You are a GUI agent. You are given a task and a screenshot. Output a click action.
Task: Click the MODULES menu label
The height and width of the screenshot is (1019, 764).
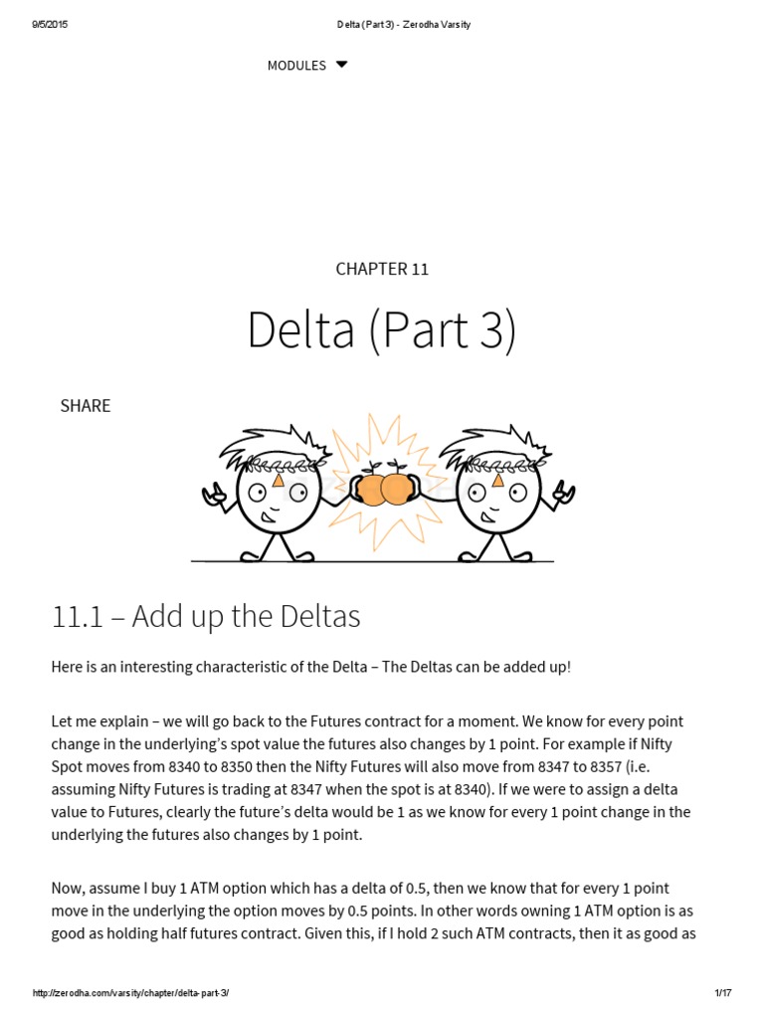[x=296, y=66]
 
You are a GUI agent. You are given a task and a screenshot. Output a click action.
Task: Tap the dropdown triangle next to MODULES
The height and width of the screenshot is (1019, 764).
[x=341, y=65]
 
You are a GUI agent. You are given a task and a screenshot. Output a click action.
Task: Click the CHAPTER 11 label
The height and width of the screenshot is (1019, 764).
[x=382, y=269]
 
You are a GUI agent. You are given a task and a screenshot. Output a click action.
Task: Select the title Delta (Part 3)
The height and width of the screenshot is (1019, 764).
[x=382, y=331]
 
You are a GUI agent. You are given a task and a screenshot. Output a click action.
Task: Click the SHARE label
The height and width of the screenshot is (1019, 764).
[x=86, y=406]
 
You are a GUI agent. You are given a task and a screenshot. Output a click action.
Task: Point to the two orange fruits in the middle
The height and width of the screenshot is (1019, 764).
[x=384, y=488]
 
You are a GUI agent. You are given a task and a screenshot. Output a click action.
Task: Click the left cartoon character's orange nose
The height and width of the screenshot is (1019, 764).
[x=279, y=480]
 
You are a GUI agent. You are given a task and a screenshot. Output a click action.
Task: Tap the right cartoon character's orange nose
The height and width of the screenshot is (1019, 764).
[x=497, y=480]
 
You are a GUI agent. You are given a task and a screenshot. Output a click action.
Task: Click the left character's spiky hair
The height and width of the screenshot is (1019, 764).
[x=264, y=446]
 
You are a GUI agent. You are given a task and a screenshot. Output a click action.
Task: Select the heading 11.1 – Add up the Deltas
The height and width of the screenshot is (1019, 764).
[x=206, y=617]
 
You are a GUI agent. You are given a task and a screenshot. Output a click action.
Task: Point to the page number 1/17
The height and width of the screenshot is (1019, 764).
[x=722, y=993]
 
